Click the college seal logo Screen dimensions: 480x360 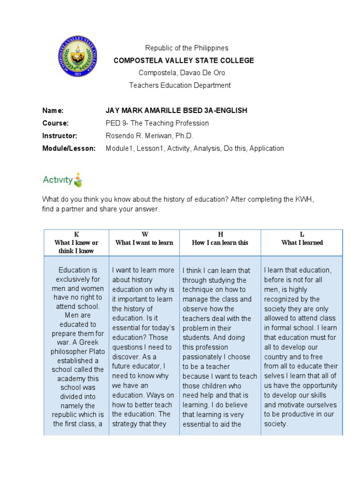(x=78, y=57)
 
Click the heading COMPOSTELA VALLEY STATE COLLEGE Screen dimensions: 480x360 (x=184, y=60)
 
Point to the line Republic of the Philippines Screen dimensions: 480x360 (x=187, y=48)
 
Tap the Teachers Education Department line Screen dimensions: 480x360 (x=180, y=85)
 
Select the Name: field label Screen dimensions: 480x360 (x=52, y=111)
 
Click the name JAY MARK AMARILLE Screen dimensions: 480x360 (x=145, y=111)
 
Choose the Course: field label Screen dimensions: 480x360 (x=55, y=123)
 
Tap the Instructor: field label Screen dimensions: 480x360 (x=59, y=136)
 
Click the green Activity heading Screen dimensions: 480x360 (x=58, y=180)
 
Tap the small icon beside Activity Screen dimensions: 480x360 (x=78, y=180)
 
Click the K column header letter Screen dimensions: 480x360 (x=76, y=234)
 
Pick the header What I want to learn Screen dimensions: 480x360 (x=144, y=243)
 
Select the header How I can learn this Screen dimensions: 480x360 (x=220, y=243)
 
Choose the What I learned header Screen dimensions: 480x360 (x=302, y=243)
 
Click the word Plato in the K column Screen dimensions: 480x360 (x=95, y=352)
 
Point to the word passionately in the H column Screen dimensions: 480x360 (x=205, y=357)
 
